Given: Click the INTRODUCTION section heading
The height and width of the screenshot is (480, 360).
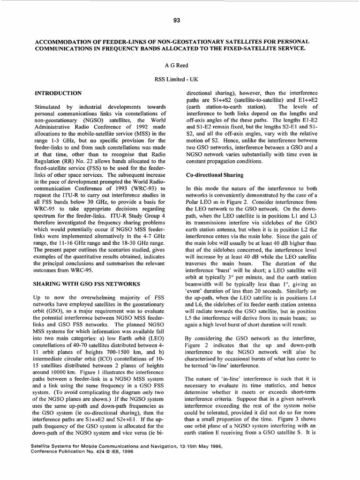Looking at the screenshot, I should (x=59, y=93).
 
